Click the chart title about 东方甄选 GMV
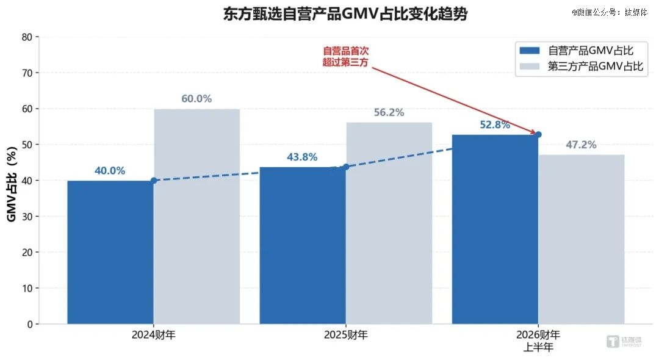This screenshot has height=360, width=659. pos(345,15)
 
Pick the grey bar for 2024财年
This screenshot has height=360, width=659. pos(196,216)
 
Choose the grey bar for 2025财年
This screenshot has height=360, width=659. pos(389,223)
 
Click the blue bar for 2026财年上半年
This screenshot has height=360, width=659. pos(495,229)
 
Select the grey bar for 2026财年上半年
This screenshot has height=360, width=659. pos(582,239)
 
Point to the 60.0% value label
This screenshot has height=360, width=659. pos(196,99)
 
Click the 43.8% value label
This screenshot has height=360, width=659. pos(302,157)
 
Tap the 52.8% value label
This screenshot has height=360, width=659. pos(494,125)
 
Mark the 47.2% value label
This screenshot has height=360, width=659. pos(581,145)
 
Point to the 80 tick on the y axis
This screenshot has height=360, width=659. pos(27,37)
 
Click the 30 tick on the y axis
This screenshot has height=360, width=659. pos(27,217)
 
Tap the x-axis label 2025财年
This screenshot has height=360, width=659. pos(345,335)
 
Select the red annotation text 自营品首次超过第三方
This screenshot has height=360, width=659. pos(346,56)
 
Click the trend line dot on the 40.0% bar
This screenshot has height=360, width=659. pos(154,181)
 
